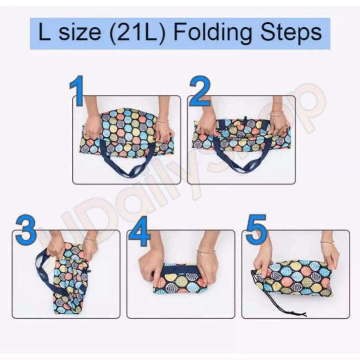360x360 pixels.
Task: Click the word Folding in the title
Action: click(213, 33)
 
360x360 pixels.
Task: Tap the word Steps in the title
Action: click(291, 33)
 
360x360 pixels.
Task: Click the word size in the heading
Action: click(80, 33)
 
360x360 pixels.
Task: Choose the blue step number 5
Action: click(256, 227)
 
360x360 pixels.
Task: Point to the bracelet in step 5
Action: click(327, 242)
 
